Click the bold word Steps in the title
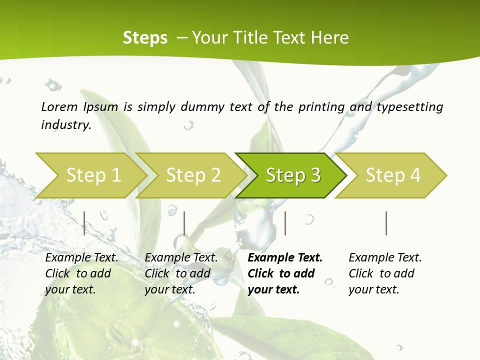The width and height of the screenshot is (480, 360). click(145, 38)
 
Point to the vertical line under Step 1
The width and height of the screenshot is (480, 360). click(84, 223)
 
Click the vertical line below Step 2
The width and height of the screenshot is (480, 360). click(184, 223)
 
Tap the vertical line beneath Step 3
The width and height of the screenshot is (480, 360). click(285, 223)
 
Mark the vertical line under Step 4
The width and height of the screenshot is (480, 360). click(386, 223)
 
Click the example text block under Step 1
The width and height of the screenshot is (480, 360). click(81, 273)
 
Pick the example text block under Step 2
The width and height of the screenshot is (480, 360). click(180, 273)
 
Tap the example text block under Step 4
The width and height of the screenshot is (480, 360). click(384, 273)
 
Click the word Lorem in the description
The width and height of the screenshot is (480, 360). click(59, 106)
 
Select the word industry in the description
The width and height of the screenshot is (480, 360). click(65, 125)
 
